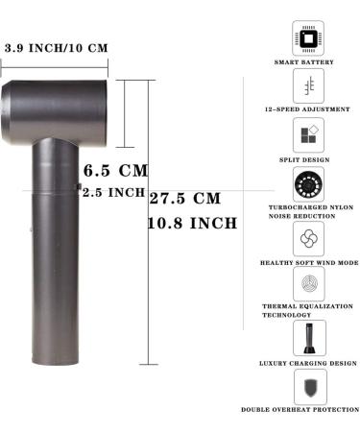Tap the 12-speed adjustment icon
(308, 86)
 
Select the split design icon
(308, 135)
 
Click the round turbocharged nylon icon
(308, 184)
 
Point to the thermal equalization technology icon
(308, 285)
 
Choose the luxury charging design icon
(308, 336)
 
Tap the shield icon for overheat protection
(308, 386)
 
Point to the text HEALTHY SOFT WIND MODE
(309, 261)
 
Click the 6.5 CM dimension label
(116, 171)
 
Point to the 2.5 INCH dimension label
(114, 192)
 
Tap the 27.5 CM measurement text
(185, 199)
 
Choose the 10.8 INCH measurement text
(191, 224)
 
